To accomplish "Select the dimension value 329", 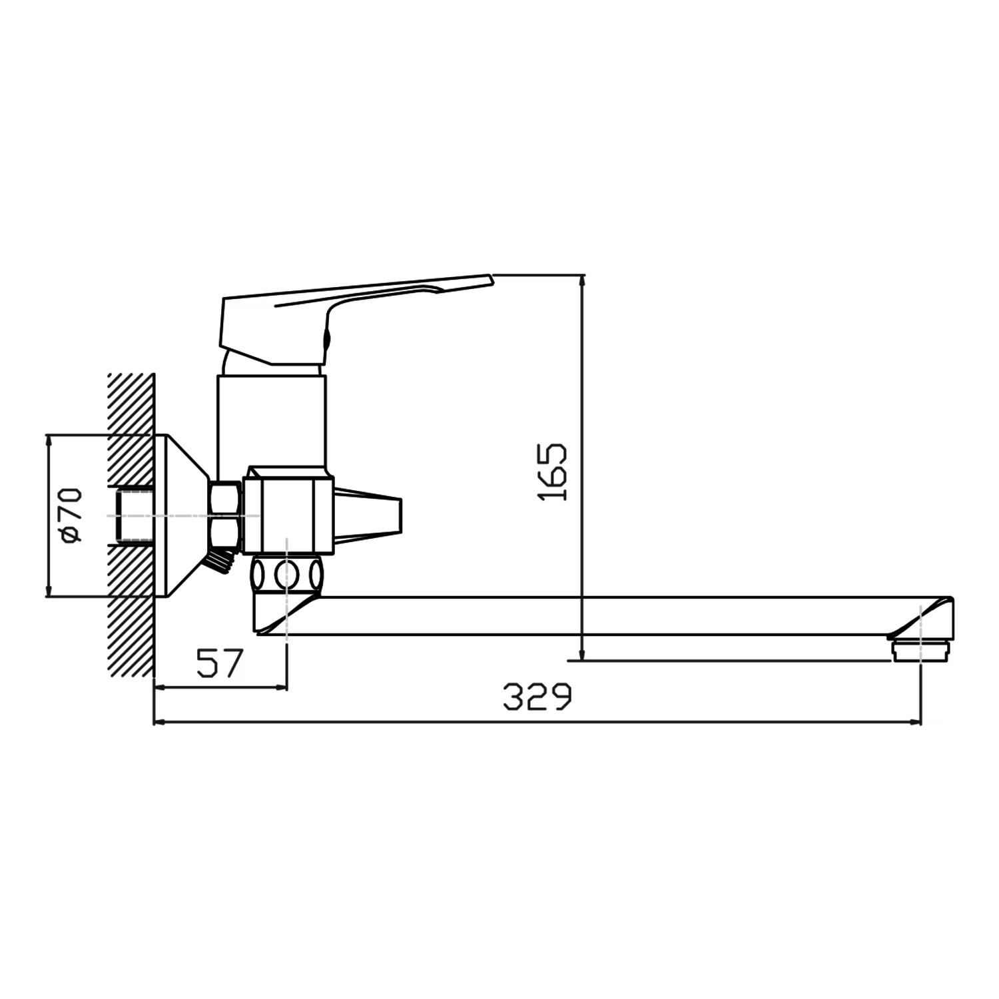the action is click(x=537, y=697).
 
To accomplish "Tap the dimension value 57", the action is click(x=220, y=663).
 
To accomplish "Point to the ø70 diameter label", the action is click(x=71, y=514).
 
